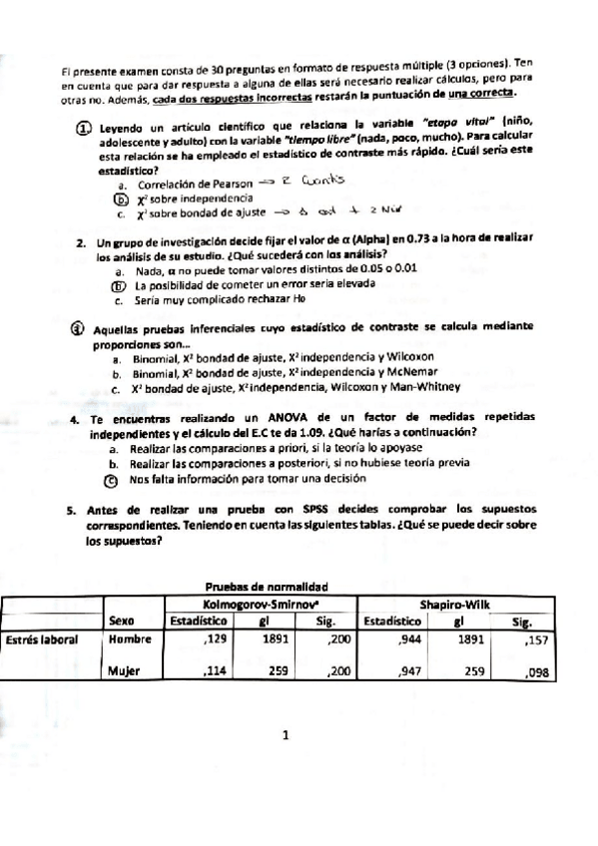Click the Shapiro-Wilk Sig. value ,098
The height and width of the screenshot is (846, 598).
click(x=537, y=673)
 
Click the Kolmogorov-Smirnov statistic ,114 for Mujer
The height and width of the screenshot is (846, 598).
click(x=216, y=671)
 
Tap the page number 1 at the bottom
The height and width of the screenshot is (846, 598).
click(x=286, y=738)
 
